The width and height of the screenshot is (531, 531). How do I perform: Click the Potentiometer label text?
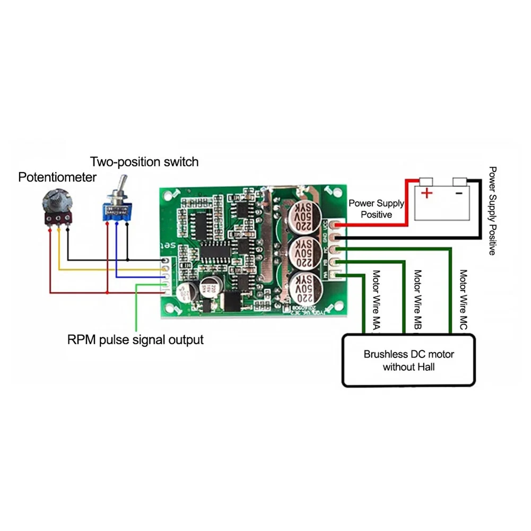tap(57, 177)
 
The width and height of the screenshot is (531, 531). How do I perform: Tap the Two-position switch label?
tap(144, 161)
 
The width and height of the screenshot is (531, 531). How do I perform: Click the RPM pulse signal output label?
tap(135, 340)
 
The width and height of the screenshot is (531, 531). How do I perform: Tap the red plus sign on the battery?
tap(426, 193)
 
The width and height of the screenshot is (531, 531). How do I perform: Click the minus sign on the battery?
tap(459, 193)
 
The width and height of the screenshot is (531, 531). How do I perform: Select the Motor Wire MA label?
tap(376, 301)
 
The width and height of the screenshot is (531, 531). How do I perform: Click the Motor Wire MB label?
tap(417, 301)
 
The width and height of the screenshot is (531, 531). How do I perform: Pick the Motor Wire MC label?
tap(463, 301)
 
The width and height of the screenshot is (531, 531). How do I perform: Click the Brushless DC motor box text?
tap(408, 360)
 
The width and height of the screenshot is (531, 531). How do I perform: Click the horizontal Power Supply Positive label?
tap(376, 209)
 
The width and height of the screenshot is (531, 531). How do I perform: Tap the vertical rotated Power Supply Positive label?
tap(492, 211)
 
